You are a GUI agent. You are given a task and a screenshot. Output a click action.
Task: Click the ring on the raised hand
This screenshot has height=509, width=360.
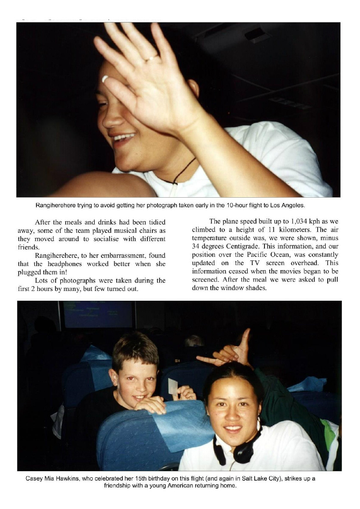click(151, 58)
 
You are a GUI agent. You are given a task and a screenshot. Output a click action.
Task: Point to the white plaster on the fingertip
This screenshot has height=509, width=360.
click(105, 78)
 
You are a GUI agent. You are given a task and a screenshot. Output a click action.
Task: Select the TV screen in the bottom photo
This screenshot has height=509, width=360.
click(98, 314)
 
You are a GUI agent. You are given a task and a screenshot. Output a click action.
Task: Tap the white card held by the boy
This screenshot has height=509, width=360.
click(173, 386)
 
